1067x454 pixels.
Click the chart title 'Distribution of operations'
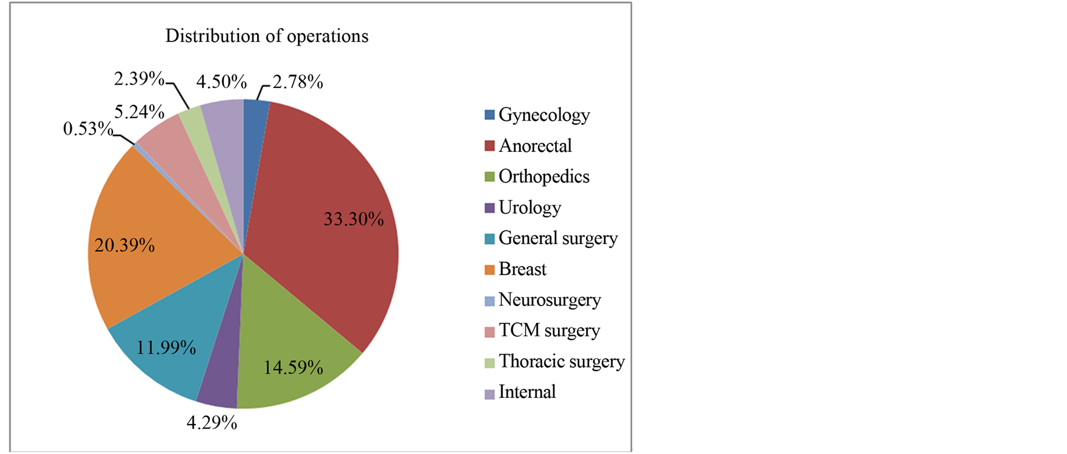pos(267,37)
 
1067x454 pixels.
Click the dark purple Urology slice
pos(222,378)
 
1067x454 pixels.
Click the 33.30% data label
pos(353,219)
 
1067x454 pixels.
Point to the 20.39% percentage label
pos(125,245)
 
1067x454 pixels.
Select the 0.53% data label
pos(88,128)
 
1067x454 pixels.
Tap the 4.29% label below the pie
pos(212,423)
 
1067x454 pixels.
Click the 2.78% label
pos(298,82)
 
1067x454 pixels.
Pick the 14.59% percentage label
pos(293,368)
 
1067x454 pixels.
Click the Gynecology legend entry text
pos(544,115)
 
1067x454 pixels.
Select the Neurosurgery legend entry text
pos(550,300)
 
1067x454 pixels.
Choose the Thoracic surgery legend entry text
pos(562,361)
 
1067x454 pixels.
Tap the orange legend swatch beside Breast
pos(489,270)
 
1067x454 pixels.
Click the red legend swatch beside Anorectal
pos(489,146)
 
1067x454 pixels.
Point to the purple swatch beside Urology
pos(489,208)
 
